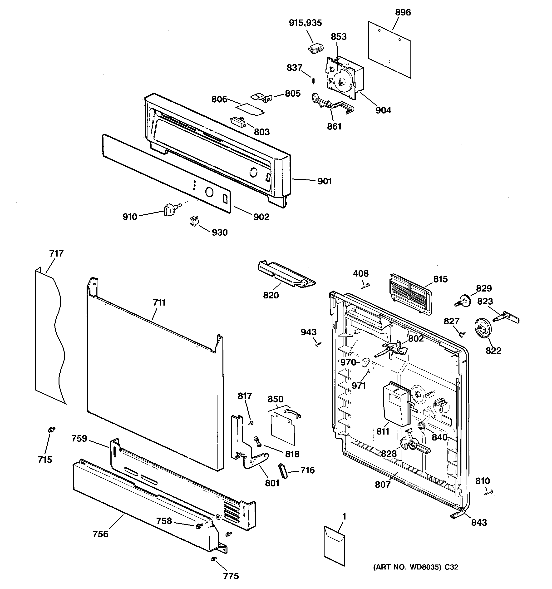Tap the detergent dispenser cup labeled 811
396,405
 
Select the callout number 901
325,181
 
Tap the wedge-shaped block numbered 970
365,362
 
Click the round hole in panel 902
209,192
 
